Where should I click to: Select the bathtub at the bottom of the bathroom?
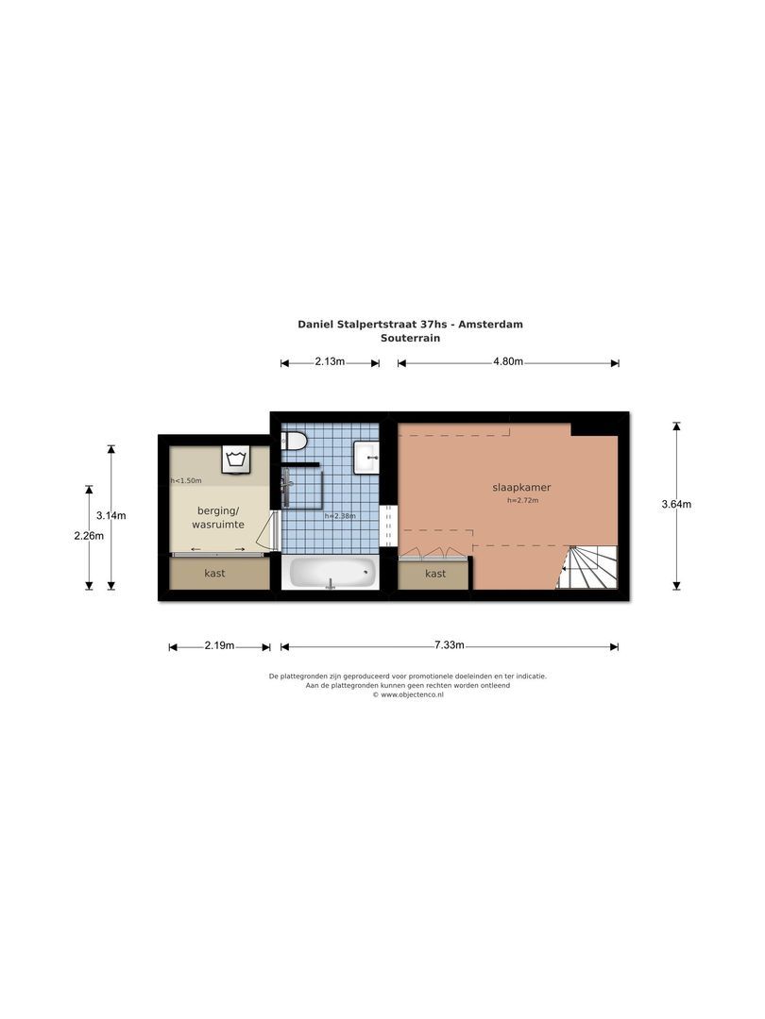(x=331, y=572)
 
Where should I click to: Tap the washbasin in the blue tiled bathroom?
(x=366, y=459)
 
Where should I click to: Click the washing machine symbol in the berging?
(x=235, y=459)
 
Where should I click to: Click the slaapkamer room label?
(x=521, y=488)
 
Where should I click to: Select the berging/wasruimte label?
(x=218, y=516)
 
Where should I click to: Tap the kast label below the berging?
(x=215, y=573)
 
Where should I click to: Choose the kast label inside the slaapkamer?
(x=434, y=573)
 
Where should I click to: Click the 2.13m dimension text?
(x=330, y=362)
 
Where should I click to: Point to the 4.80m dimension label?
(x=507, y=362)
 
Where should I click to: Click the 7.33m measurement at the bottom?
(x=449, y=645)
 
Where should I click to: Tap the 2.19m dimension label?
(x=219, y=645)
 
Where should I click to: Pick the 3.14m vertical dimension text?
(x=111, y=515)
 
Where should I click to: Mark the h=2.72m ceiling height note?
(x=521, y=501)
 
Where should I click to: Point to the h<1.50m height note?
(x=186, y=481)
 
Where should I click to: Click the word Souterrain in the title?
(x=409, y=338)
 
